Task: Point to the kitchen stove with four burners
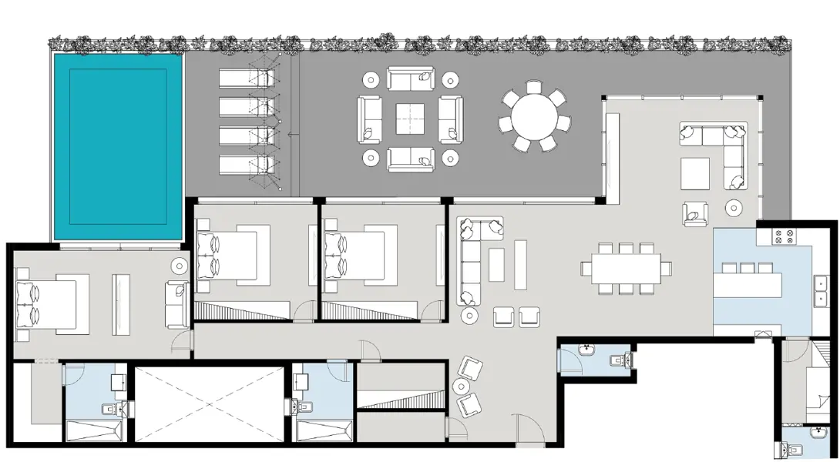click(x=784, y=236)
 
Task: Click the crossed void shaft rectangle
click(x=210, y=403)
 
